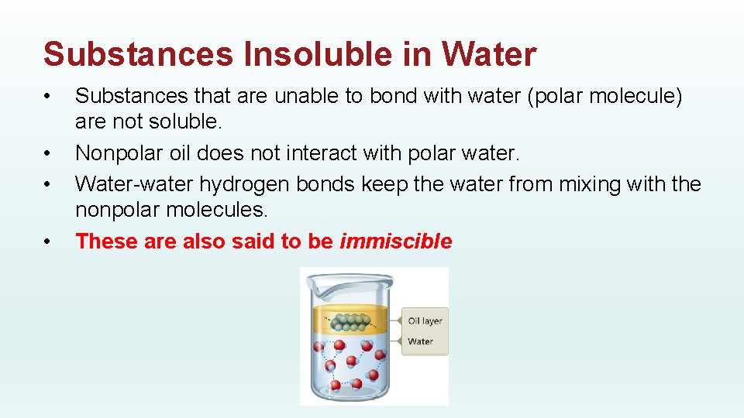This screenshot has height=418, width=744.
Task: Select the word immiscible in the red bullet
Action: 395,242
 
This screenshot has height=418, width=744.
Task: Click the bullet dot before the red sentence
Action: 48,242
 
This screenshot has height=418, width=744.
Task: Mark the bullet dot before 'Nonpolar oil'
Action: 48,154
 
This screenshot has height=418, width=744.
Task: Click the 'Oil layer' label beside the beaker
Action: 425,320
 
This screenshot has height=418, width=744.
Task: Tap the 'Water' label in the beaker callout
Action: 420,341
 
